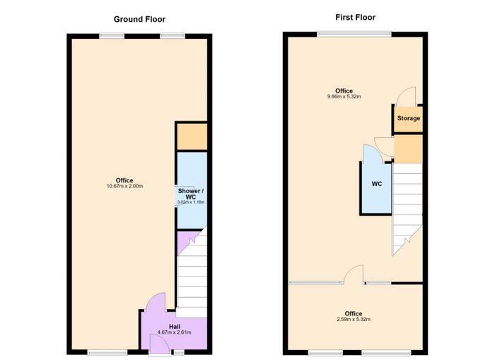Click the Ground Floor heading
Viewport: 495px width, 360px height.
[x=139, y=19]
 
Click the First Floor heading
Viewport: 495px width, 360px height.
[x=356, y=18]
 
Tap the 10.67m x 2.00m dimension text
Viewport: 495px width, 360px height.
[x=124, y=186]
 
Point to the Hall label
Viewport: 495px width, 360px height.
[x=175, y=327]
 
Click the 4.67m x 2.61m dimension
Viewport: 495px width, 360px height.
[x=174, y=332]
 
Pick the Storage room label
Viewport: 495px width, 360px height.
[x=409, y=118]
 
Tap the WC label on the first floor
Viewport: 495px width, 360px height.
[x=377, y=184]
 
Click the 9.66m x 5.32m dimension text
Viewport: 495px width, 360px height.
[x=344, y=97]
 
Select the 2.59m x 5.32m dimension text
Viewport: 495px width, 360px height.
[x=354, y=319]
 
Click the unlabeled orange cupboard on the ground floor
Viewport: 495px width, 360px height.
[x=192, y=137]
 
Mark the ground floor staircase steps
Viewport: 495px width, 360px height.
[x=192, y=273]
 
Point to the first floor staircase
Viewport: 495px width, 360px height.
[x=407, y=209]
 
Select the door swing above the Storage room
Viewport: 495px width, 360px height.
[x=407, y=96]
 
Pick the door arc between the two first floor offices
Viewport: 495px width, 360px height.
[x=354, y=274]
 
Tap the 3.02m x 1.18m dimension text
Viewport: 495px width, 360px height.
[x=191, y=202]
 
